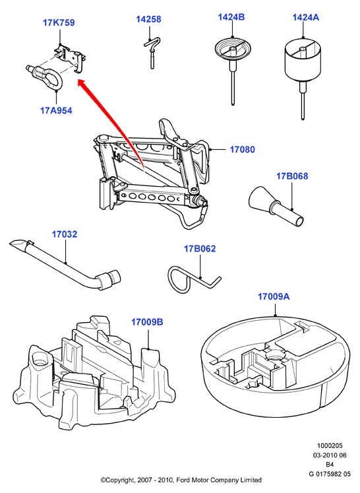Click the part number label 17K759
59,22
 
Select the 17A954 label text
56,111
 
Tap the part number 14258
148,19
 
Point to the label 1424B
231,16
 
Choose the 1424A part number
306,17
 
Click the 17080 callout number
243,149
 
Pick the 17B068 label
292,176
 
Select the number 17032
65,234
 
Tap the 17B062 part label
200,249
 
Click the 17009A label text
274,296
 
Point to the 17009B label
147,322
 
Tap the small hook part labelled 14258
152,52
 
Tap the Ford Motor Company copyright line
181,480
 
